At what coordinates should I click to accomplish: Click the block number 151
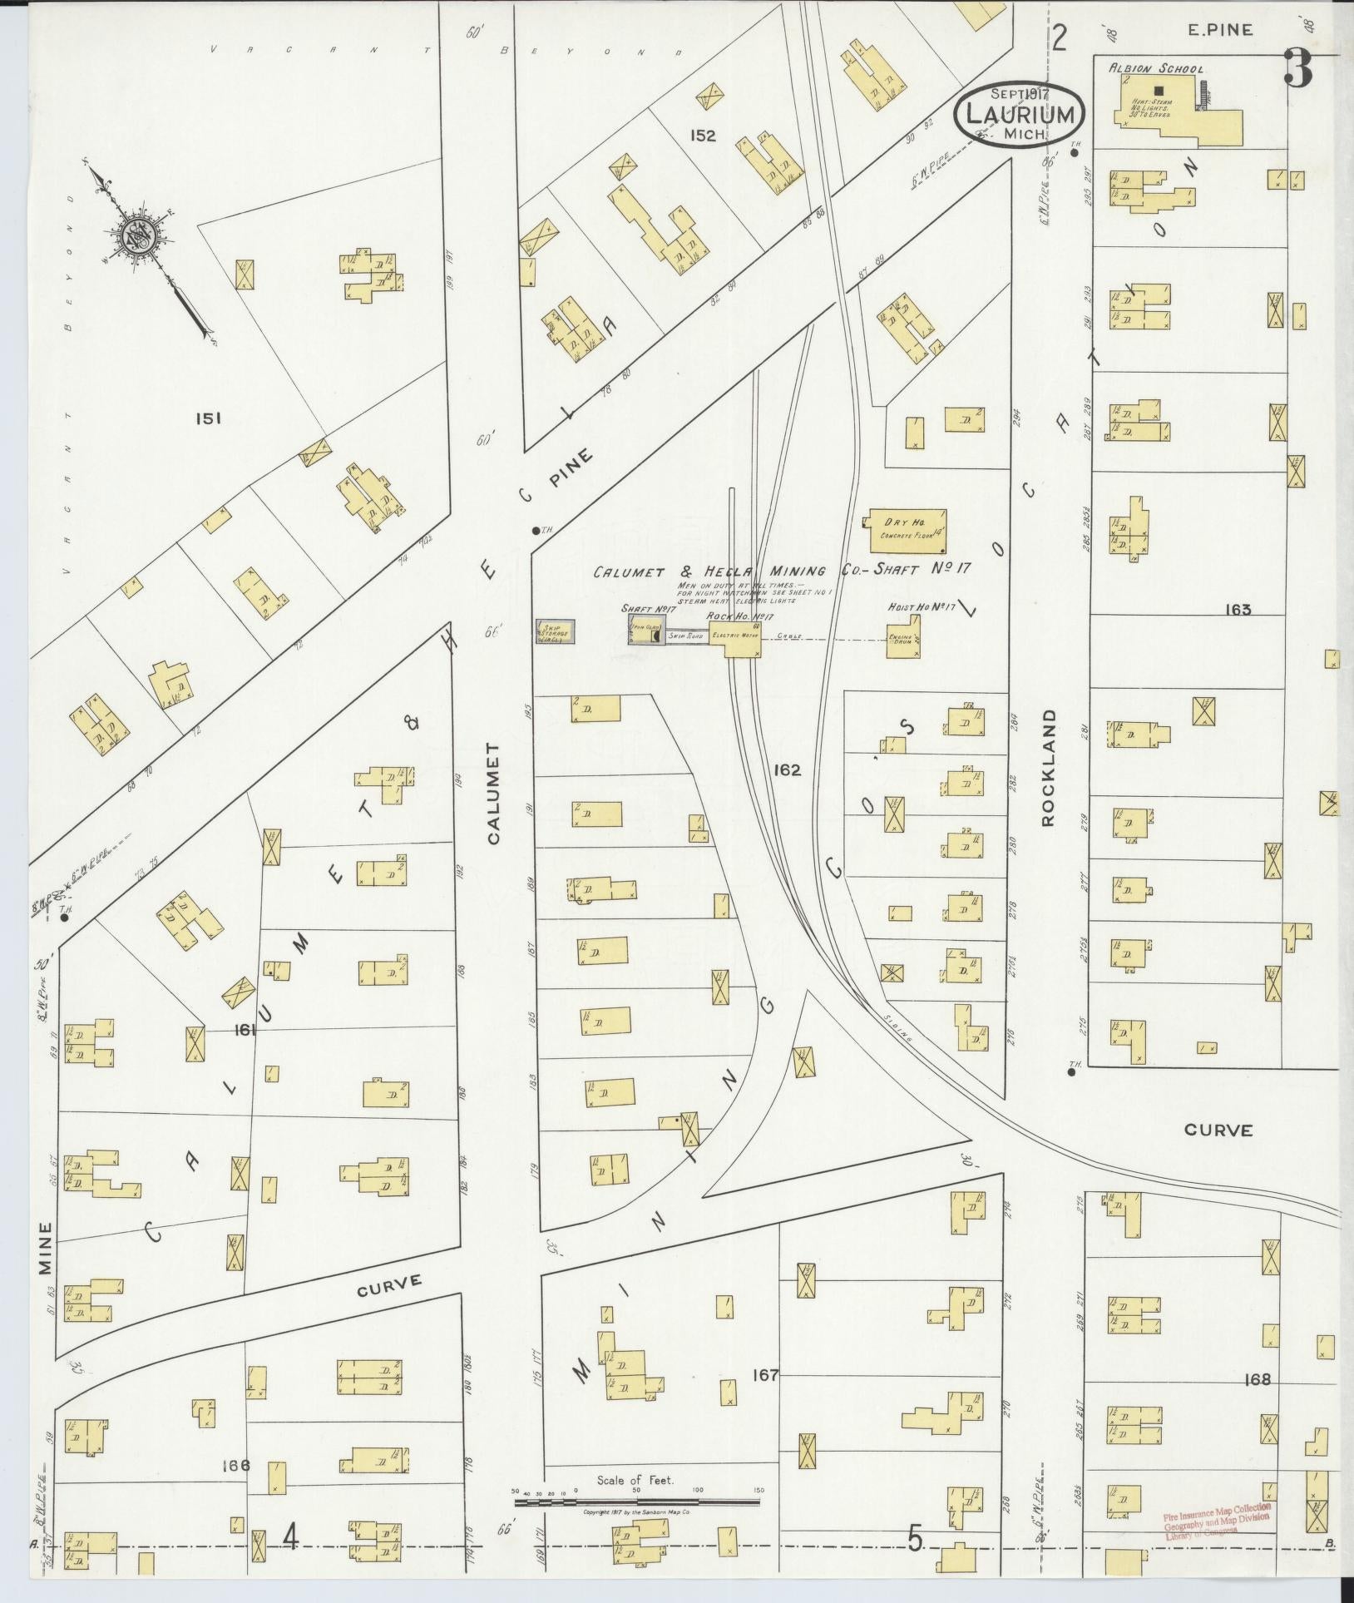click(x=208, y=419)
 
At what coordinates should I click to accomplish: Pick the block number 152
click(x=703, y=136)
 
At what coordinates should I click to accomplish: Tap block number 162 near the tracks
click(x=786, y=770)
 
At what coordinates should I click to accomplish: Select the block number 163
click(x=1238, y=610)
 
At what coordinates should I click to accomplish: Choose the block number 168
click(x=1258, y=1380)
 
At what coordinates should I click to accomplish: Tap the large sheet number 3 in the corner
click(x=1298, y=68)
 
